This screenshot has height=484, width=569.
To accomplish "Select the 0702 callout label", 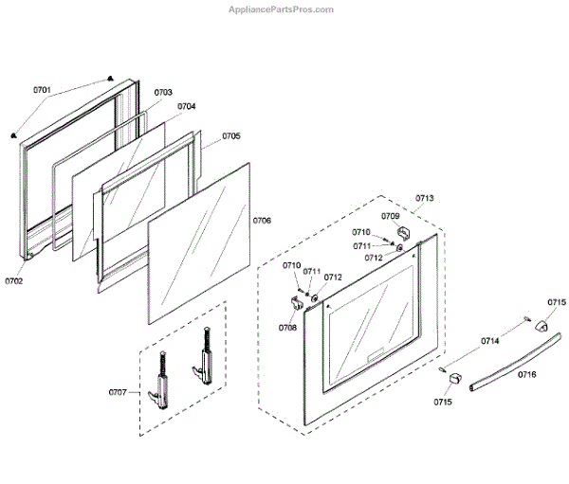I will click(x=13, y=281).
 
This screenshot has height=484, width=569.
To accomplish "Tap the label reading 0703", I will click(x=163, y=92).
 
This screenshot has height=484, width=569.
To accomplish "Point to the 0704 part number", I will click(x=187, y=106).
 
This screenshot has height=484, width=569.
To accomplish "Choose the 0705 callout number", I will click(x=231, y=136).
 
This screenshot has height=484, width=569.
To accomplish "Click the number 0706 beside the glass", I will click(x=262, y=221).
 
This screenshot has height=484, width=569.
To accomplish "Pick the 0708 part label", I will click(x=287, y=328).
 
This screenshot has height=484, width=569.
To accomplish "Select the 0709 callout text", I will click(x=391, y=216).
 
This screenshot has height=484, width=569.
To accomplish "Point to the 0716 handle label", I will click(x=526, y=375).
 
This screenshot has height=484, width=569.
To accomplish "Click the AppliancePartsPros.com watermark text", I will click(x=283, y=9).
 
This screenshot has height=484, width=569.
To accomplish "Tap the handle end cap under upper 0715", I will click(x=543, y=324).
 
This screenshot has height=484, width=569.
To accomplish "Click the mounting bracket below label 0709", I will click(x=402, y=232).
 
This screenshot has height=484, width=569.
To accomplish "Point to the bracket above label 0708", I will click(x=293, y=303).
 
